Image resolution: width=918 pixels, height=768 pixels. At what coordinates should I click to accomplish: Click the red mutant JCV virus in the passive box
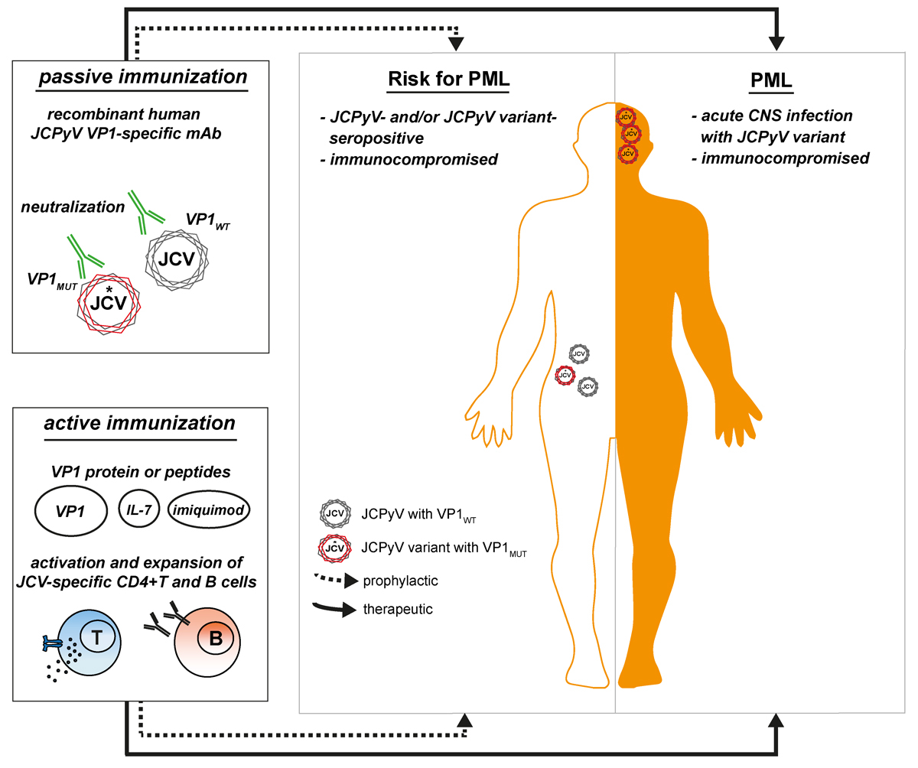(108, 300)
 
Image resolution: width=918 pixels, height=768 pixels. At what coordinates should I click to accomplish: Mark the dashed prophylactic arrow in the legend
(343, 581)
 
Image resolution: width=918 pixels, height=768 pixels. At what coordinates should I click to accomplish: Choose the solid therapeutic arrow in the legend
(343, 610)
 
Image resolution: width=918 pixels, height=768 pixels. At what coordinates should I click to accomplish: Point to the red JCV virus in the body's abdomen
(565, 375)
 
